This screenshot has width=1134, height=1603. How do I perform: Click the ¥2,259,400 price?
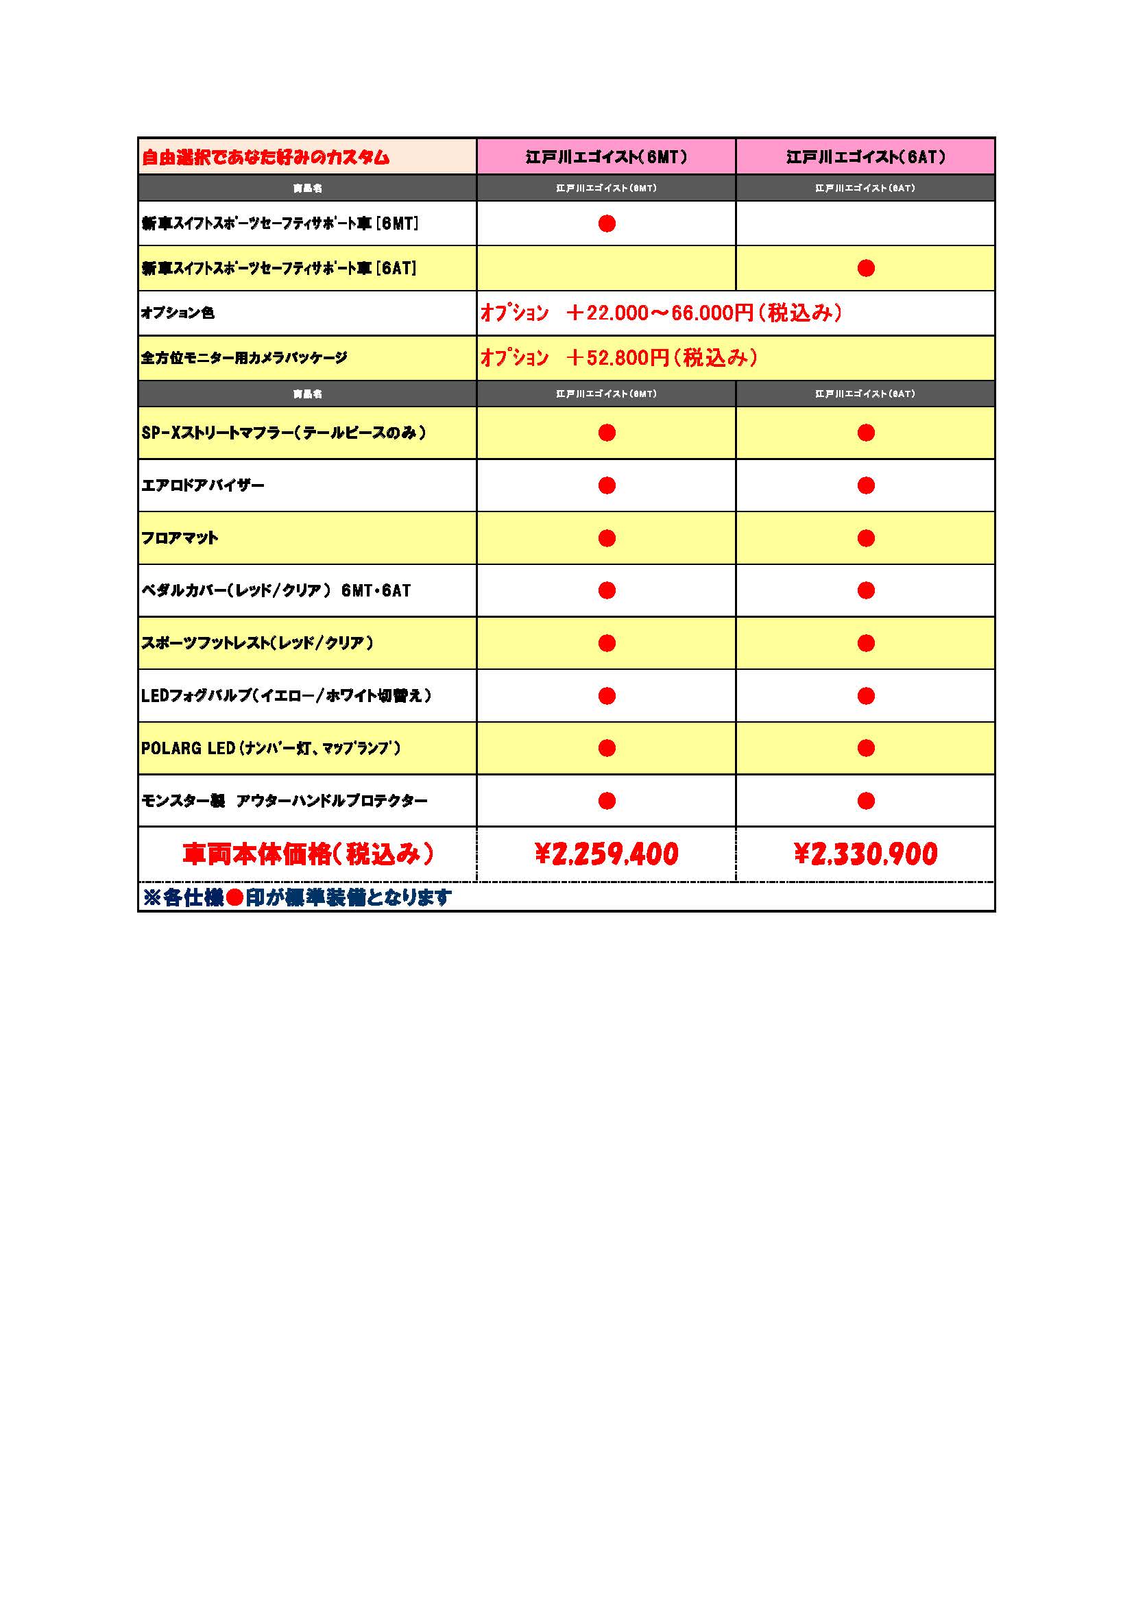coord(606,854)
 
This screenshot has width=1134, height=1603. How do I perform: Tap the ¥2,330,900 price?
coord(865,854)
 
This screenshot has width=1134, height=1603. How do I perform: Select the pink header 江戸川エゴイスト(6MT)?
coord(606,156)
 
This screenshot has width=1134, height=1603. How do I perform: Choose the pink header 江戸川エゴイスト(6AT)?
coord(865,156)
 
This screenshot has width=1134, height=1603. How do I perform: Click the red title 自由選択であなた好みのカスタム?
coord(265,157)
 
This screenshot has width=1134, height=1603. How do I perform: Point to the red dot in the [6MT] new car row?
coord(607,224)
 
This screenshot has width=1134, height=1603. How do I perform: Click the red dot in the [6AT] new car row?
coord(866,268)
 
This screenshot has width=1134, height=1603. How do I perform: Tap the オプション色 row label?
coord(178,313)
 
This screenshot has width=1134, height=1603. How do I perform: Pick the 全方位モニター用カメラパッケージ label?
coord(243,358)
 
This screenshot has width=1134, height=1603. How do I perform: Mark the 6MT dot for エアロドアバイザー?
coord(607,485)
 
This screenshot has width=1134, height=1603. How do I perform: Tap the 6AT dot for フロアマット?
coord(866,538)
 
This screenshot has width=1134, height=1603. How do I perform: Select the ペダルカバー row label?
coord(276,590)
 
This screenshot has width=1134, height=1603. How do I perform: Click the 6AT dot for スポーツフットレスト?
coord(866,643)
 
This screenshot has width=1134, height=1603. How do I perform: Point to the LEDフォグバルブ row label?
coord(287,695)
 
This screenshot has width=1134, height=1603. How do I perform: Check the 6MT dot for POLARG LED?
coord(607,749)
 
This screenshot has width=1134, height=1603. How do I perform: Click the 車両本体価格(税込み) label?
coord(308,854)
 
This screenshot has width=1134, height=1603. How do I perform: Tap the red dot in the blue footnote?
coord(234,898)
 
